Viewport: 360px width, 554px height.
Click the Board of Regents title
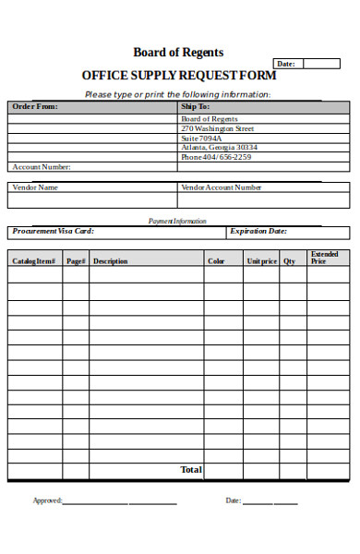pyautogui.click(x=178, y=53)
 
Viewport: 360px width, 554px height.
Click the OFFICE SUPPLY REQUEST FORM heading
pyautogui.click(x=178, y=76)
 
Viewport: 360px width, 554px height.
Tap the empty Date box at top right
pyautogui.click(x=321, y=64)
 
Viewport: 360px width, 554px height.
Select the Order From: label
pyautogui.click(x=34, y=106)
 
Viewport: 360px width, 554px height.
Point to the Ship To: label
pyautogui.click(x=196, y=106)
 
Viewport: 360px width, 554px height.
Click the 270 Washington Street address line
pyautogui.click(x=217, y=128)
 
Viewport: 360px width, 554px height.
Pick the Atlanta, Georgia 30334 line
pyautogui.click(x=219, y=147)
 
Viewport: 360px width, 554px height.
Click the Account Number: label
pyautogui.click(x=41, y=167)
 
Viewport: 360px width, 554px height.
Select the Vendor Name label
pyautogui.click(x=35, y=187)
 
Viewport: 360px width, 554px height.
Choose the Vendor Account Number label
pyautogui.click(x=222, y=187)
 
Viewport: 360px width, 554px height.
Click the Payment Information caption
pyautogui.click(x=178, y=221)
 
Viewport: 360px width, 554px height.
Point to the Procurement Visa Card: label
pyautogui.click(x=53, y=232)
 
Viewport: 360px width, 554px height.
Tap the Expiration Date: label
pyautogui.click(x=258, y=232)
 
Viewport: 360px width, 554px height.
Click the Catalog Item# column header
pyautogui.click(x=34, y=261)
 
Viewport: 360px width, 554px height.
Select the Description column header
pyautogui.click(x=110, y=261)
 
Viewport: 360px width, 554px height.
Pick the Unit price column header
pyautogui.click(x=261, y=261)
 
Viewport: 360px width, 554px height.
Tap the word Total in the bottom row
pyautogui.click(x=191, y=470)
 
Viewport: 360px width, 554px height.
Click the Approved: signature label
pyautogui.click(x=48, y=500)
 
